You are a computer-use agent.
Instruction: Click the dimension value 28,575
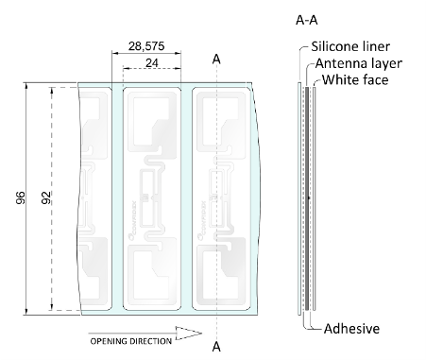pos(146,46)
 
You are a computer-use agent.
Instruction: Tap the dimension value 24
pos(152,63)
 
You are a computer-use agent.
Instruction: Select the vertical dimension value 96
pos(21,197)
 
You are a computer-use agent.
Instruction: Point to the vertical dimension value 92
pos(46,197)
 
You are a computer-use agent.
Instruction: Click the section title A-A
pos(307,20)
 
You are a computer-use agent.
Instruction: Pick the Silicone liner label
pos(350,46)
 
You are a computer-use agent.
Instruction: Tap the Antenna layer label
pos(359,63)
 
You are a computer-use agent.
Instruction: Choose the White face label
pos(355,79)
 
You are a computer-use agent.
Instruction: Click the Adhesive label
pos(351,329)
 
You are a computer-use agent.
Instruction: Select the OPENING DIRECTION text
pos(131,341)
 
